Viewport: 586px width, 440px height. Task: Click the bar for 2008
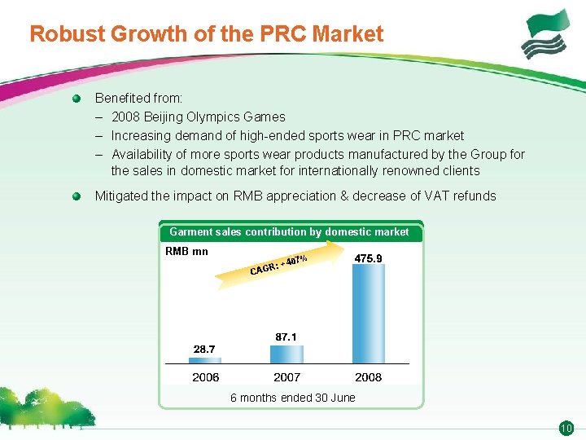click(x=368, y=314)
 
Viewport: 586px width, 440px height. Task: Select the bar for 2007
click(x=286, y=354)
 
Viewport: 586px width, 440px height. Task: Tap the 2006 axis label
click(x=205, y=377)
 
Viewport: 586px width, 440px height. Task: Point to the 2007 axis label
click(x=286, y=377)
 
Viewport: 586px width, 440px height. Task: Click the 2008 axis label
click(x=368, y=377)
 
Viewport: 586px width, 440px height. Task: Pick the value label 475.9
click(x=368, y=258)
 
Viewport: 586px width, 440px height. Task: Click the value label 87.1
click(x=286, y=336)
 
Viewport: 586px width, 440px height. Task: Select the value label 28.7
click(x=204, y=349)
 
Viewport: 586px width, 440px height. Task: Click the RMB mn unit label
click(x=186, y=251)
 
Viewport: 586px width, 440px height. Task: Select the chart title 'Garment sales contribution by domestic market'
click(x=289, y=232)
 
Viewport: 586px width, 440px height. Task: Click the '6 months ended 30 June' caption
click(x=292, y=398)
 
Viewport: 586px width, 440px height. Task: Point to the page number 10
click(x=566, y=428)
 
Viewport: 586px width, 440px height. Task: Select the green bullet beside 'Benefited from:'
click(x=77, y=99)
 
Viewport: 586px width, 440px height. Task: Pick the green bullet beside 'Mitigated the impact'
click(x=77, y=196)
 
